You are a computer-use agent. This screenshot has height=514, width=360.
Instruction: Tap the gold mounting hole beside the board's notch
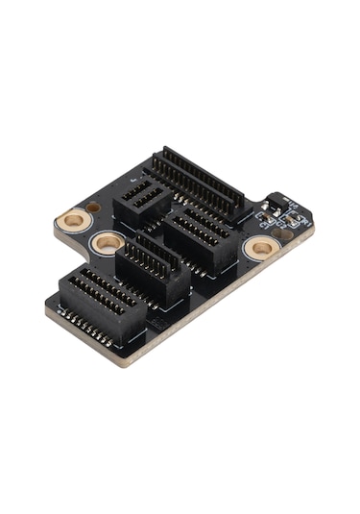pyautogui.click(x=107, y=242)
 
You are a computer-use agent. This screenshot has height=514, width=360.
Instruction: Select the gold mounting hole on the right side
pyautogui.click(x=259, y=248)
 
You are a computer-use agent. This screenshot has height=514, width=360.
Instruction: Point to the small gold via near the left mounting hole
pyautogui.click(x=93, y=207)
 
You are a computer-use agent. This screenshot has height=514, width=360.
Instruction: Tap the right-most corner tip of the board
pyautogui.click(x=314, y=227)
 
